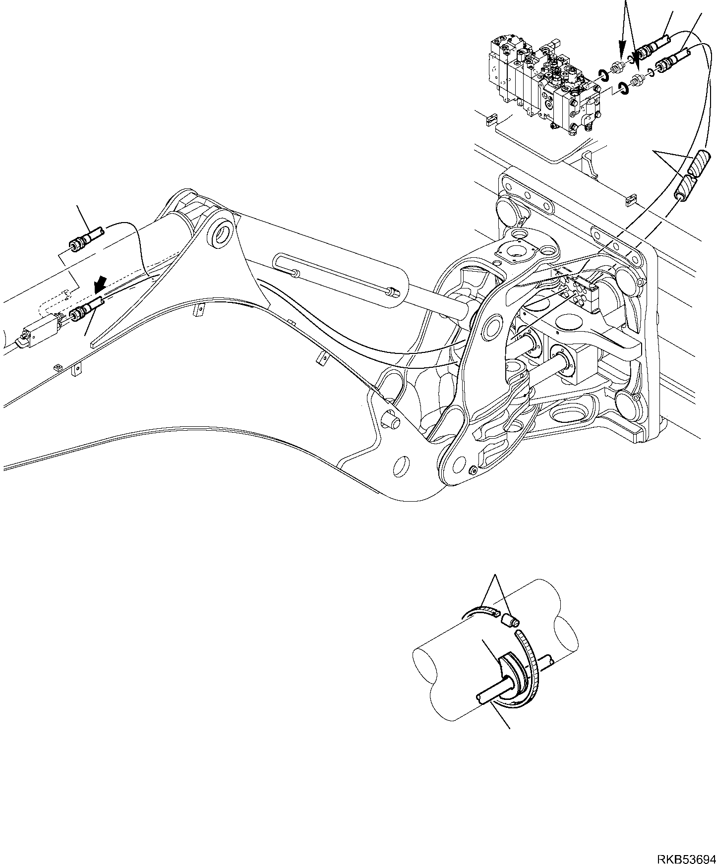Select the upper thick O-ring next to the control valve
pos(603,75)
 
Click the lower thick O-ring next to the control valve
pos(623,90)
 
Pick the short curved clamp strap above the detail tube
pos(482,611)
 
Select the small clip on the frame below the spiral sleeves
pos(630,199)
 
